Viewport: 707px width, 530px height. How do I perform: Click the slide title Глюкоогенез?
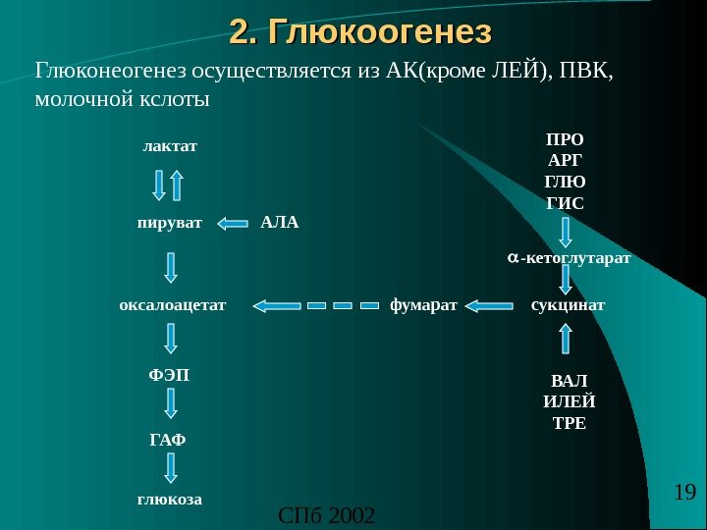coord(359,33)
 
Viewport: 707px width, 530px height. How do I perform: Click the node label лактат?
coord(170,146)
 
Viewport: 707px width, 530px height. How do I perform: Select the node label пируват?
coord(169,223)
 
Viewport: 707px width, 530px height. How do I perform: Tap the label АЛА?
coord(279,223)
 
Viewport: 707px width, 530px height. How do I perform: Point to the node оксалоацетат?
coord(173,305)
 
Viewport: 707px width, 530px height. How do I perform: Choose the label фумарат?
coord(423,305)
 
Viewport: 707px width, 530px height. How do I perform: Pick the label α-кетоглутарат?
coord(569,258)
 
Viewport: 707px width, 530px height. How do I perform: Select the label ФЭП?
coord(169,376)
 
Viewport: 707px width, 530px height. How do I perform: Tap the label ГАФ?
coord(167,438)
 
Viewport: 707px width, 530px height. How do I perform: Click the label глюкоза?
coord(169,499)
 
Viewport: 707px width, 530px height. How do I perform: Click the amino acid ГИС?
coord(565,204)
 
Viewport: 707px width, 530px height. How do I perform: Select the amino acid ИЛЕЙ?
coord(570,401)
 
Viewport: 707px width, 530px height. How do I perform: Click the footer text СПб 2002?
coord(327,514)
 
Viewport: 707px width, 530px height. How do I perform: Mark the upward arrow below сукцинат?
coord(566,339)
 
